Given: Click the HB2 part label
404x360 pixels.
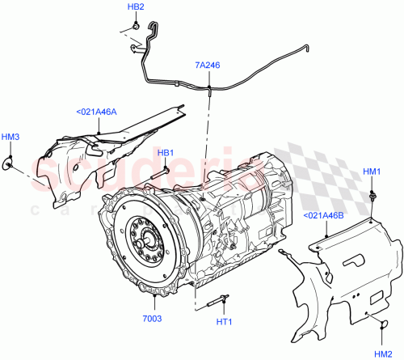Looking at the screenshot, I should click(136, 7).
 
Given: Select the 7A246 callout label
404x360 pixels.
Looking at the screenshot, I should click(208, 64).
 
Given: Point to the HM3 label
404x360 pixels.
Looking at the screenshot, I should click(10, 138).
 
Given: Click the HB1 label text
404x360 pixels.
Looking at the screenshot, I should click(165, 153).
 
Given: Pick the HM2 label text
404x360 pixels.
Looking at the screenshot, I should click(382, 354).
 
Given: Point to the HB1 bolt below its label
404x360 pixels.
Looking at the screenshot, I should click(164, 170).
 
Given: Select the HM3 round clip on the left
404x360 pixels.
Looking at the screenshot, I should click(11, 165).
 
